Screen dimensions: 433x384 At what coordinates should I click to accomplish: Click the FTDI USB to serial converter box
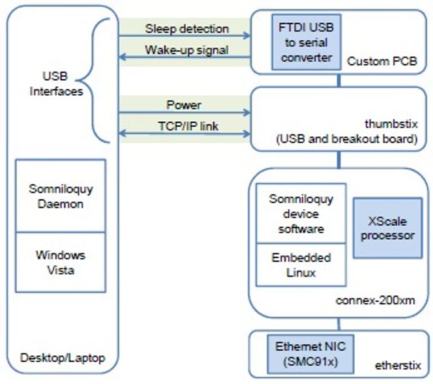click(x=306, y=42)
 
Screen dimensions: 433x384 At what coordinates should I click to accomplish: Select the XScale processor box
click(x=388, y=228)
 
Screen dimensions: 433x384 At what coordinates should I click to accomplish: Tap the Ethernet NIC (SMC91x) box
click(x=310, y=354)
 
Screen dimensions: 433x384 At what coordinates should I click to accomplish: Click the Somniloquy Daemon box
click(x=61, y=196)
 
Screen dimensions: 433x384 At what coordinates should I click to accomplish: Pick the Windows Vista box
click(x=61, y=262)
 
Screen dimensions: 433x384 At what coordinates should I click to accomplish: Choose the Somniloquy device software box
click(x=301, y=213)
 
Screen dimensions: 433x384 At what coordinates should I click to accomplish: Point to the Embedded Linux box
click(x=301, y=265)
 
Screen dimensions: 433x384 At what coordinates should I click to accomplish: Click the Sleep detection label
click(x=187, y=29)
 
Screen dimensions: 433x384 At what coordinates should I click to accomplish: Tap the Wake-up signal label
click(x=187, y=50)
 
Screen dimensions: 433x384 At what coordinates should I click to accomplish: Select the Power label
click(x=184, y=105)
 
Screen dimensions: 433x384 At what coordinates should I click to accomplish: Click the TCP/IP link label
click(x=188, y=126)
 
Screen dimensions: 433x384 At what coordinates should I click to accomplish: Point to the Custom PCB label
click(x=382, y=61)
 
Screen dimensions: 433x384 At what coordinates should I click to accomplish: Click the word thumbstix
click(x=391, y=124)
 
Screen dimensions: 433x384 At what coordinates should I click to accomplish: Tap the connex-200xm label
click(x=375, y=301)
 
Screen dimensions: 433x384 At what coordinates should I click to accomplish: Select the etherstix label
click(x=398, y=366)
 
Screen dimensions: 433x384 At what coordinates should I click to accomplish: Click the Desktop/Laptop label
click(x=63, y=358)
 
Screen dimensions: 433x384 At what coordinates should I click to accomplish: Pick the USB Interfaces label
click(x=56, y=83)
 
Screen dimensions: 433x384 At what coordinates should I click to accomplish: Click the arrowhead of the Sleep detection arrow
click(x=247, y=36)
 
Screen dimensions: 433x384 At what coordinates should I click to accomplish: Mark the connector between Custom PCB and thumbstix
click(x=339, y=81)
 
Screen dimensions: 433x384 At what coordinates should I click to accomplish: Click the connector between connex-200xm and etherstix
click(x=339, y=324)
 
